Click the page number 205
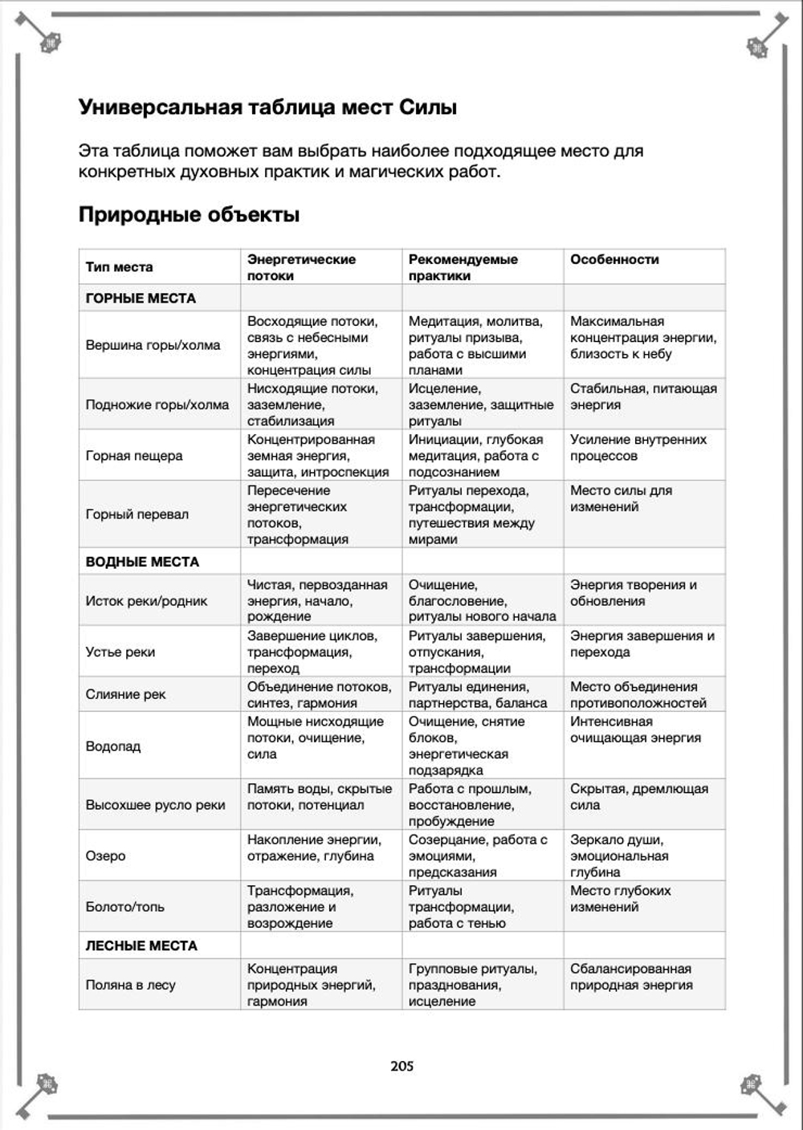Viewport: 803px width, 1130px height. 401,1066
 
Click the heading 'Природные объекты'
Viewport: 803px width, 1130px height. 189,214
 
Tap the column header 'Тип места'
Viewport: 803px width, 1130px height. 119,267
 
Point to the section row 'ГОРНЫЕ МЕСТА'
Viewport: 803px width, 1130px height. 141,298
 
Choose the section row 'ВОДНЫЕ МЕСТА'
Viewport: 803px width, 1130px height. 142,562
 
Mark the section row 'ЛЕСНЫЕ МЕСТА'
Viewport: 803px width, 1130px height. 141,945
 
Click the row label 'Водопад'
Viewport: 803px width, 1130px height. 113,746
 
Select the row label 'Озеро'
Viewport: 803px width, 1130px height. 106,856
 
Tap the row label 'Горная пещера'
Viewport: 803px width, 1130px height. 134,455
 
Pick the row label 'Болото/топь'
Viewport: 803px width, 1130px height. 125,906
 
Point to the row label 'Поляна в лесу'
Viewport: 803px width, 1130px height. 131,985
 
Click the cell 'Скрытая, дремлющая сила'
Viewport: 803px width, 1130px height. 638,796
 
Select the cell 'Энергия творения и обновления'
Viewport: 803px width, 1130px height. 633,592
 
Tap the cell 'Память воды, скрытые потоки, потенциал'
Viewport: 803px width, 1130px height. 319,796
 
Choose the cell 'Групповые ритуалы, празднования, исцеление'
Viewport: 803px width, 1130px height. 472,985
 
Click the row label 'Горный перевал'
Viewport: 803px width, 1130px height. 137,514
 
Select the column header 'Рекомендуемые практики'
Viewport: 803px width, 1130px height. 463,267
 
